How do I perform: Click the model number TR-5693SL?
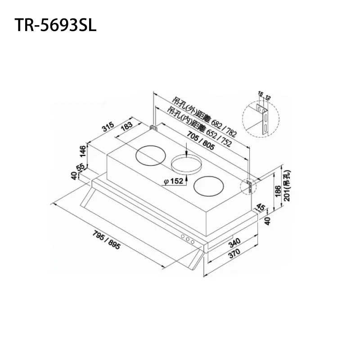click(x=56, y=26)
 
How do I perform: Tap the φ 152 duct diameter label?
click(x=174, y=181)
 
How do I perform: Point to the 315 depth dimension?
click(x=107, y=128)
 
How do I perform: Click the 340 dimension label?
click(x=234, y=243)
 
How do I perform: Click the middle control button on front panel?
click(x=188, y=240)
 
